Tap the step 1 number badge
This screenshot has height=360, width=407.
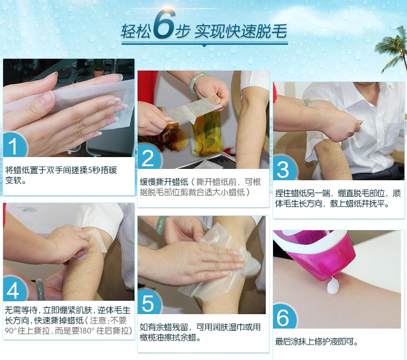(x=15, y=145)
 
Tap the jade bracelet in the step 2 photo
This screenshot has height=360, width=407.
(x=198, y=82)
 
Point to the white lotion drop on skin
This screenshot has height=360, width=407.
(x=333, y=286)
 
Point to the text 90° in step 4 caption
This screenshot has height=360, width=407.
(x=11, y=331)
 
